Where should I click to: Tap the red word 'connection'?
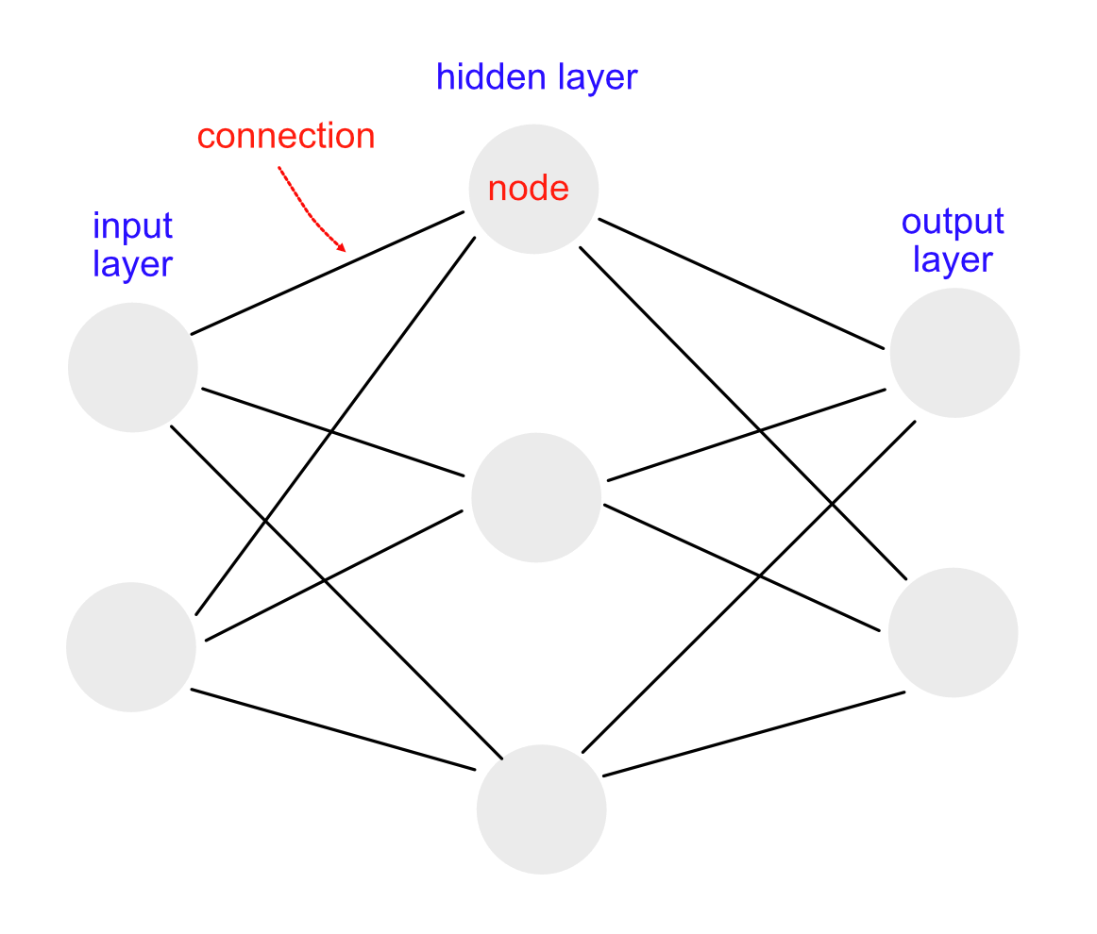286,136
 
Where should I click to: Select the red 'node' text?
529,188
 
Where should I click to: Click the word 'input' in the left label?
132,226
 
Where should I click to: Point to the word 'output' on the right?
953,223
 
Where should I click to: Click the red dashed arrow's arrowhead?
341,246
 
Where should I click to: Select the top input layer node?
133,367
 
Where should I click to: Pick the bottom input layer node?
131,646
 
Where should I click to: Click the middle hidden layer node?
536,497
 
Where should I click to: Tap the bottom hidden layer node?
541,809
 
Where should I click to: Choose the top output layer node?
954,352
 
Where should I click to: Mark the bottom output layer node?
953,632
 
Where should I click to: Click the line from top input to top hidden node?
328,273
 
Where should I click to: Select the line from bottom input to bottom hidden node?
333,730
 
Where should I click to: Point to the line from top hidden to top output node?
742,284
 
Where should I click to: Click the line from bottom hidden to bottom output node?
753,734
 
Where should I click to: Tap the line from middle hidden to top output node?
747,435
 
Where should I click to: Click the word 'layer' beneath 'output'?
953,260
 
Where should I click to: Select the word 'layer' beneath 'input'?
132,264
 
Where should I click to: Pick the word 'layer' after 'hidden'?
598,77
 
